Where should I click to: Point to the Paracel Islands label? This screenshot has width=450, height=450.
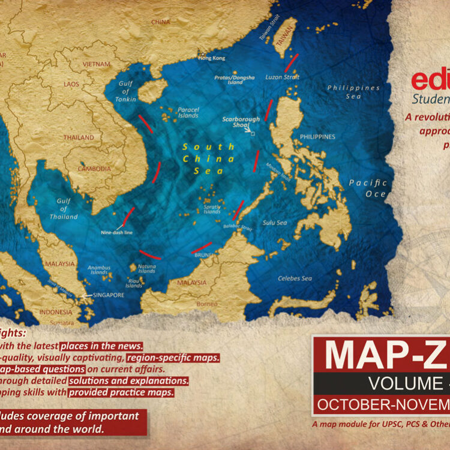pyautogui.click(x=188, y=112)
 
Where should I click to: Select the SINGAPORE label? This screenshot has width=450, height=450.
pyautogui.click(x=109, y=295)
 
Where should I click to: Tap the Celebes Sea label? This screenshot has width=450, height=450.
pyautogui.click(x=295, y=278)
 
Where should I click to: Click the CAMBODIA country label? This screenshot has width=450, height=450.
pyautogui.click(x=95, y=169)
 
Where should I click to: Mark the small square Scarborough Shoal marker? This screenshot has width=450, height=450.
pyautogui.click(x=252, y=134)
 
